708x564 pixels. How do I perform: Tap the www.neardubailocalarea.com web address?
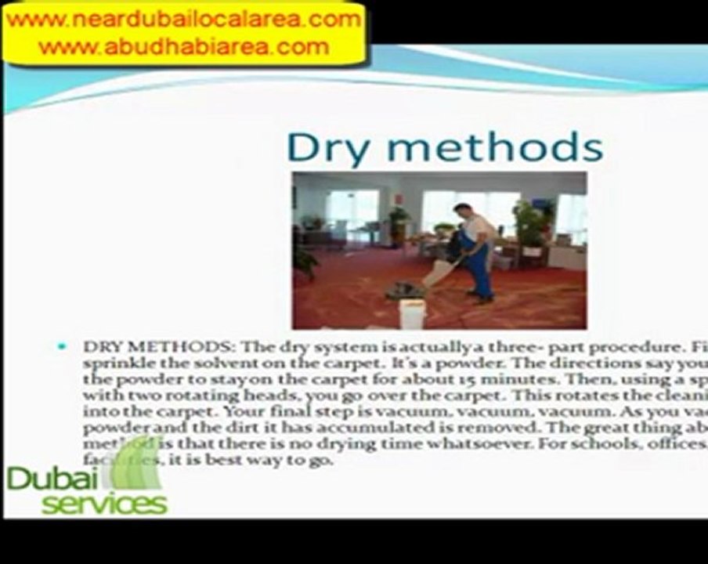(x=184, y=20)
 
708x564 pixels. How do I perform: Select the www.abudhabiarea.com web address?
(x=184, y=46)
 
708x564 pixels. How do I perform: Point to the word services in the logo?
(x=104, y=504)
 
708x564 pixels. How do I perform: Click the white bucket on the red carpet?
(x=412, y=312)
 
